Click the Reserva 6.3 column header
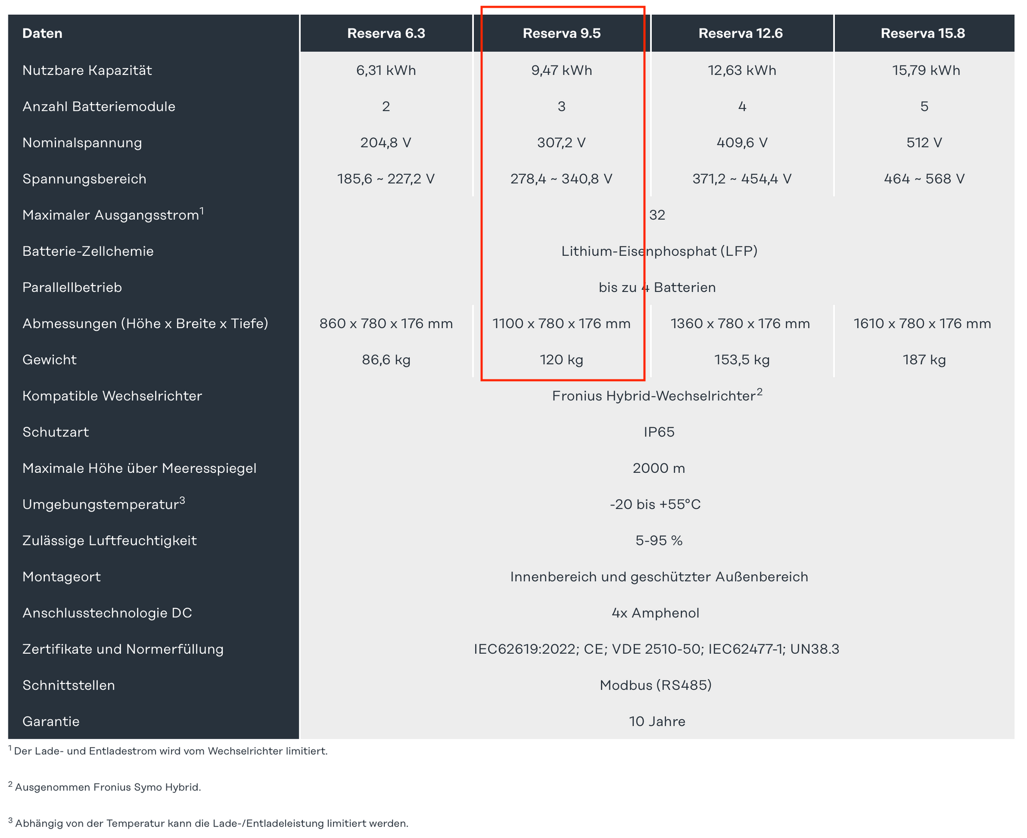[x=386, y=33]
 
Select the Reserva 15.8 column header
[x=923, y=33]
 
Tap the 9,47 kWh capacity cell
[x=562, y=70]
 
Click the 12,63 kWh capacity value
[x=741, y=70]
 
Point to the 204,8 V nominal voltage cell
[x=386, y=142]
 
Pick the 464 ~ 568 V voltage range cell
[x=924, y=179]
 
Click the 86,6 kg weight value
[x=386, y=360]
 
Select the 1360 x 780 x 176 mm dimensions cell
[x=740, y=323]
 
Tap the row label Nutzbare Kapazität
[x=87, y=70]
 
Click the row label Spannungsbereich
[x=84, y=179]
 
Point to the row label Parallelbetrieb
[x=72, y=288]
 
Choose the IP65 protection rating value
[x=659, y=432]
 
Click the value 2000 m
[x=659, y=469]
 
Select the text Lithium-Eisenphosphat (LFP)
[x=659, y=251]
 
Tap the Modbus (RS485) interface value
[x=655, y=685]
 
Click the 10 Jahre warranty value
[x=657, y=721]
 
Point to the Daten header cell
[x=42, y=33]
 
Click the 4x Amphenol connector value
[x=655, y=613]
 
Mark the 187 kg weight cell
[x=924, y=360]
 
